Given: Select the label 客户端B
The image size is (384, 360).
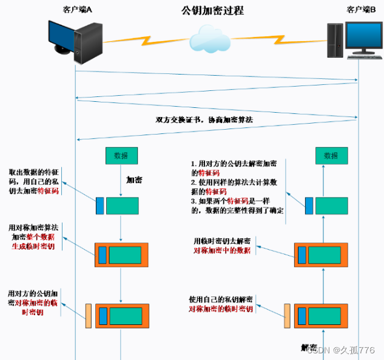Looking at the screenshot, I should pyautogui.click(x=360, y=9).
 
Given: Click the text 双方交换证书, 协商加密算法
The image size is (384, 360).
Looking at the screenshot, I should pyautogui.click(x=204, y=120).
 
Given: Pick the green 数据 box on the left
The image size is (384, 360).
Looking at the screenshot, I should pyautogui.click(x=121, y=155).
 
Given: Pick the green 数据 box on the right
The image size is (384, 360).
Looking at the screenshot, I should pyautogui.click(x=331, y=155).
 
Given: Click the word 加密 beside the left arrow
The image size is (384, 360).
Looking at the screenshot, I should pyautogui.click(x=135, y=180).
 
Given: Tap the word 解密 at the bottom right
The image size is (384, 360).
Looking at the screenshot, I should pyautogui.click(x=310, y=347).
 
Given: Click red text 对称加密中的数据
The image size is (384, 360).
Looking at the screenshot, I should pyautogui.click(x=221, y=250).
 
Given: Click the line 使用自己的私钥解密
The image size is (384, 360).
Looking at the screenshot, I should pyautogui.click(x=221, y=299).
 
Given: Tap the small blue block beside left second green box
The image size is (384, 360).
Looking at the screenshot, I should pyautogui.click(x=100, y=205).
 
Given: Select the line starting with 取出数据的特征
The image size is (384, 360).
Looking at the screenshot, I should pyautogui.click(x=33, y=172).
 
